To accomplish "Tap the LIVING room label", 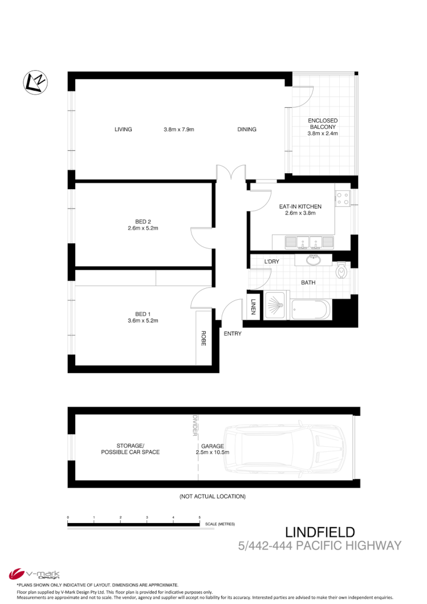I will pyautogui.click(x=123, y=129).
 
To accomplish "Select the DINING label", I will pyautogui.click(x=247, y=129).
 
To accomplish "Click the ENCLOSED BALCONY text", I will pyautogui.click(x=323, y=127).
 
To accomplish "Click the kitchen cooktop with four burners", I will pyautogui.click(x=343, y=198).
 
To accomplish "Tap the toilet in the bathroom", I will pyautogui.click(x=341, y=270).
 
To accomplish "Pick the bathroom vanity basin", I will pyautogui.click(x=313, y=260).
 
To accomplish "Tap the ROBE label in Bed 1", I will pyautogui.click(x=202, y=339).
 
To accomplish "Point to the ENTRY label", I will pyautogui.click(x=233, y=333).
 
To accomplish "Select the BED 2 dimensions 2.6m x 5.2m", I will pyautogui.click(x=143, y=228).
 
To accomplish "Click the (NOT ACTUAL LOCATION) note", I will pyautogui.click(x=212, y=496).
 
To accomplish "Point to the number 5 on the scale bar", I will pyautogui.click(x=200, y=517).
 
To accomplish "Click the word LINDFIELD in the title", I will pyautogui.click(x=320, y=532).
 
